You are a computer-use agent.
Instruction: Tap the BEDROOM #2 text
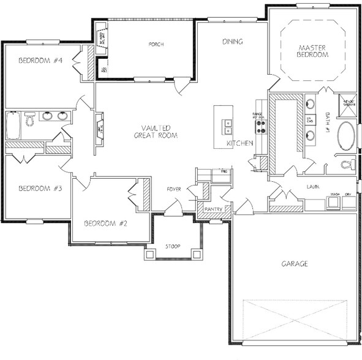[x=105, y=222]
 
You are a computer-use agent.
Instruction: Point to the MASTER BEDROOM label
[x=314, y=51]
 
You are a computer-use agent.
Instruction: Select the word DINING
[x=233, y=42]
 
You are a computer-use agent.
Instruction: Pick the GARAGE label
[x=295, y=264]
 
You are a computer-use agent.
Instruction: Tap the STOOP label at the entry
[x=173, y=247]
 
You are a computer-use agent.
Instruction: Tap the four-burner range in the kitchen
[x=260, y=126]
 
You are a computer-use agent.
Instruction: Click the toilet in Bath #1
[x=347, y=164]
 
